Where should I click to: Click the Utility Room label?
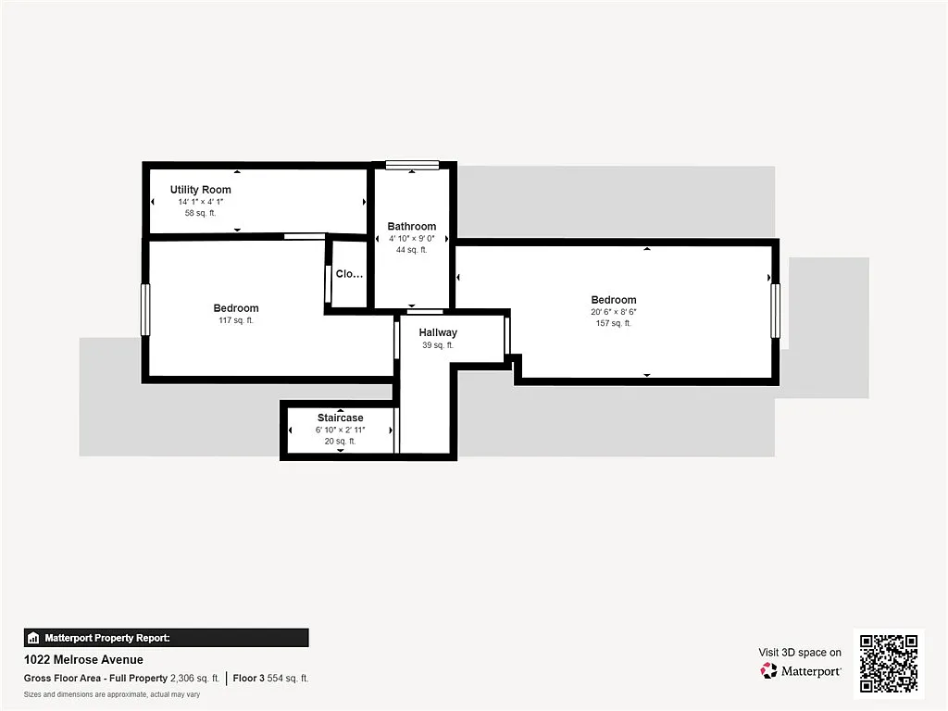[x=200, y=190]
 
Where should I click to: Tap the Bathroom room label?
[x=411, y=227]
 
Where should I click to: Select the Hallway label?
[x=437, y=332]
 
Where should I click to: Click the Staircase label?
[x=340, y=418]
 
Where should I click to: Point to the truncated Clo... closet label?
[x=349, y=274]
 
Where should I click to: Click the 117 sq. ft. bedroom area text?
[x=236, y=320]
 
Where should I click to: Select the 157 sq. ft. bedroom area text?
[x=614, y=323]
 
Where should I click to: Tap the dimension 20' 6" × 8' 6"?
[x=614, y=312]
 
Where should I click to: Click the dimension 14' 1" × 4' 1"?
[x=200, y=202]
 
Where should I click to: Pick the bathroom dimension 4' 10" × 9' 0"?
[x=411, y=239]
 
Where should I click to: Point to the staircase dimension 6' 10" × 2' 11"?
[x=340, y=430]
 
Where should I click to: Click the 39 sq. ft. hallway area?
[x=437, y=345]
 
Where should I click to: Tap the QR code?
[x=889, y=663]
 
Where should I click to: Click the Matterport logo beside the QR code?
[x=801, y=670]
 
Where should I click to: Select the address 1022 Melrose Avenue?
[x=83, y=660]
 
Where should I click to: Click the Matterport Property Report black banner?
[x=166, y=638]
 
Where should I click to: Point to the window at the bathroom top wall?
[x=412, y=166]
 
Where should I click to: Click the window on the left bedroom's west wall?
[x=145, y=309]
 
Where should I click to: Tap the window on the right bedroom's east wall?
[x=775, y=310]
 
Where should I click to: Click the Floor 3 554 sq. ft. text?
[x=271, y=678]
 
